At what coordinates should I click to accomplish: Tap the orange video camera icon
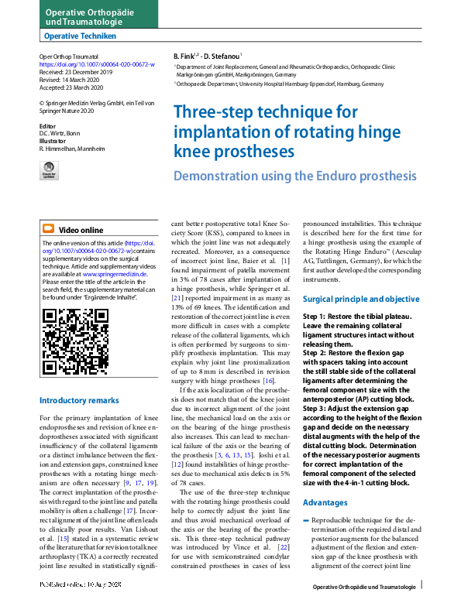click(x=48, y=229)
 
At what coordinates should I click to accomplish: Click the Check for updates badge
click(x=49, y=170)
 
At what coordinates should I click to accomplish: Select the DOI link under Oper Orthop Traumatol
click(x=85, y=64)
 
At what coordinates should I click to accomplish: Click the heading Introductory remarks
click(x=79, y=400)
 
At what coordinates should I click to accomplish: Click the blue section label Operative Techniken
click(x=81, y=36)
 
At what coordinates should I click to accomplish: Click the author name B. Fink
click(x=184, y=57)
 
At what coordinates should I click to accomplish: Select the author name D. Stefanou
click(x=224, y=57)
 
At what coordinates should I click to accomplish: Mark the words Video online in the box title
click(x=81, y=230)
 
